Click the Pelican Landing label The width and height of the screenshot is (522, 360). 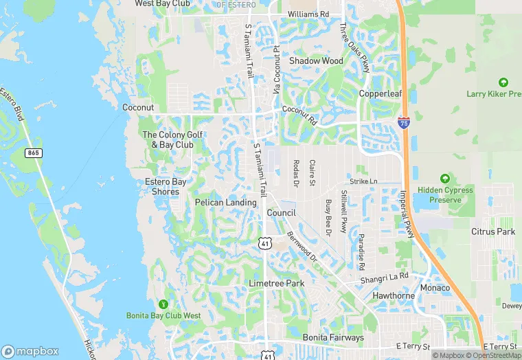point(225,203)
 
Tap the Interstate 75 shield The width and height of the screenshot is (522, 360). point(403,122)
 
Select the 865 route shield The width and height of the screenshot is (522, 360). point(32,153)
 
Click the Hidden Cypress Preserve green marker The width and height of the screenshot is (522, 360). point(444,179)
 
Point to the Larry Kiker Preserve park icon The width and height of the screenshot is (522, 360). point(505,82)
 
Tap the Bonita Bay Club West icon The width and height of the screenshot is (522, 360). point(163,304)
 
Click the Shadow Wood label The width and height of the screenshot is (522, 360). point(316,60)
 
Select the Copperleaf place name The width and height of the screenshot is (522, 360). point(380,93)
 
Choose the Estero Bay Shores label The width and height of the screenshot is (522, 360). point(166,186)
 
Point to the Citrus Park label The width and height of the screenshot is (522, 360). point(493,232)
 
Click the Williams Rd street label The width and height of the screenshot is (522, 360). point(308,14)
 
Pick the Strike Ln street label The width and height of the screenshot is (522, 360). point(364,181)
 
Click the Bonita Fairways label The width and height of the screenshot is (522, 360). point(333,338)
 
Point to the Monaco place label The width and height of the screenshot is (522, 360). point(435,287)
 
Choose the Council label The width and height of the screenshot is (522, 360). point(281,213)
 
